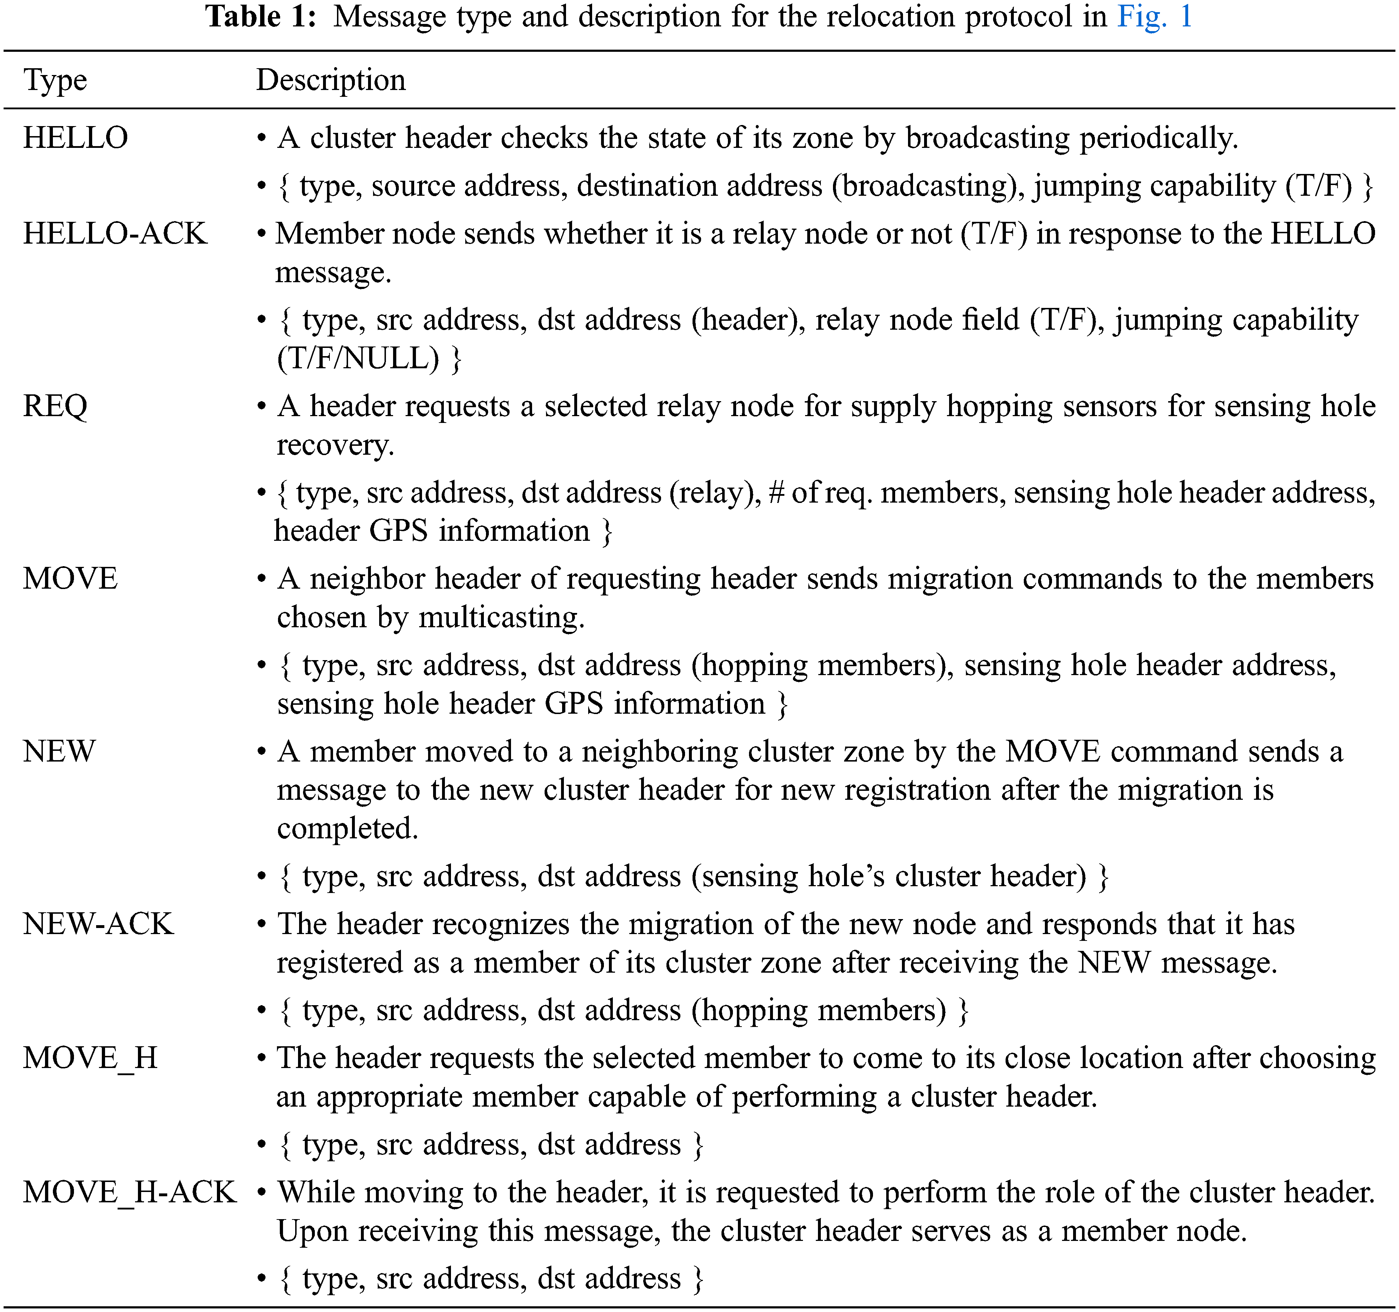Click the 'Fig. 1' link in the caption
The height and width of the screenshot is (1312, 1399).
(x=1154, y=17)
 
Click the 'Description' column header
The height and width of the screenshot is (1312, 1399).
(x=331, y=80)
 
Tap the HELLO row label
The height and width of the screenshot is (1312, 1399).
(x=75, y=138)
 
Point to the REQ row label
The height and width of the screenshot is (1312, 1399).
(x=55, y=406)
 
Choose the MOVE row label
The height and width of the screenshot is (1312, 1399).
(x=70, y=578)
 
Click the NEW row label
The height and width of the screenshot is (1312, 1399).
(x=59, y=751)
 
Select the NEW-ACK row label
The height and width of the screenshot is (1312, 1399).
(x=98, y=924)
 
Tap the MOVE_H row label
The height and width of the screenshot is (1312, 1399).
(x=90, y=1058)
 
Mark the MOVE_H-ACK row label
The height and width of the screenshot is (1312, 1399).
(x=129, y=1192)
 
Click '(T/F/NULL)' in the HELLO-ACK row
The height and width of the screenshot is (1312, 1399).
(x=357, y=359)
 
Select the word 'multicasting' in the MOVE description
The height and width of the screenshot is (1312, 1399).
(x=500, y=618)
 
